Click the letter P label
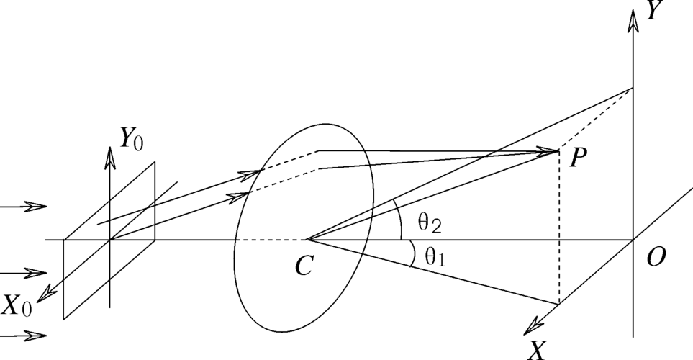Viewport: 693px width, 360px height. click(x=578, y=158)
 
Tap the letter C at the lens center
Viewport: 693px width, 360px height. click(x=304, y=266)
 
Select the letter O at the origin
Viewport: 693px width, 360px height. click(x=656, y=257)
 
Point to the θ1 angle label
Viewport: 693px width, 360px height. click(x=435, y=256)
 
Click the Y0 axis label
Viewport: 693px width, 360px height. click(x=131, y=139)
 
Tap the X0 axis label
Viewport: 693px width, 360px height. click(x=17, y=305)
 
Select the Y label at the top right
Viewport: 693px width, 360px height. click(x=654, y=10)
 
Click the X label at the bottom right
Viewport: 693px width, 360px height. click(x=538, y=350)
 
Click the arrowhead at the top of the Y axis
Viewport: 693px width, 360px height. click(x=634, y=20)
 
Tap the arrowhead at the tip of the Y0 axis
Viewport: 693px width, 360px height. click(x=110, y=158)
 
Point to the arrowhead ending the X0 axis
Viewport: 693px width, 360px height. click(x=46, y=294)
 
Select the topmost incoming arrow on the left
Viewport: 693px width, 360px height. click(x=24, y=207)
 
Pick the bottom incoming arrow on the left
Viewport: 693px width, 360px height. click(x=24, y=336)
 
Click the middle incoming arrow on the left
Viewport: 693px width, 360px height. click(x=24, y=274)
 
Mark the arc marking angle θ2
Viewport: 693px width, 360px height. click(x=399, y=218)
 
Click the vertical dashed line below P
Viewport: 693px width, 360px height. click(x=559, y=228)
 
